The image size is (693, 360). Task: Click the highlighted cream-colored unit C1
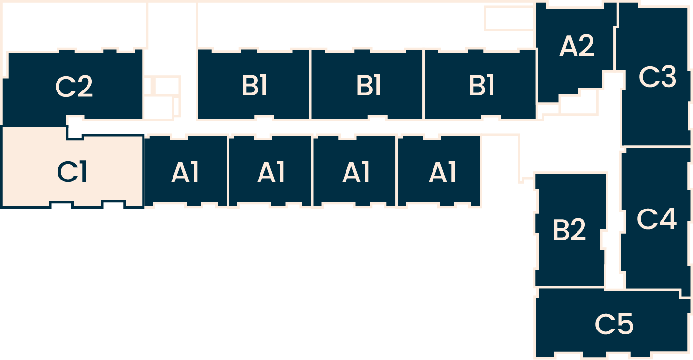[72, 170]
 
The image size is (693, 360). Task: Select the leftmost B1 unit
[254, 86]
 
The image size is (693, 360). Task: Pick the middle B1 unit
[368, 86]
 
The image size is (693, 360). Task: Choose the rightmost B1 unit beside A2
[481, 86]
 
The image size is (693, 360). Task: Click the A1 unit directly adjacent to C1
[185, 173]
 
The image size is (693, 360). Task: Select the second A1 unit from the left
[271, 173]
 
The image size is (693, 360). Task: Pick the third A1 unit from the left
[355, 173]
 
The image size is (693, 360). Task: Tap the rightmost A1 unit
[442, 173]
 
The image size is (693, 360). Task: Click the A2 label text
[577, 47]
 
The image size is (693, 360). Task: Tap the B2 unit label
[569, 230]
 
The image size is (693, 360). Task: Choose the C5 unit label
[614, 324]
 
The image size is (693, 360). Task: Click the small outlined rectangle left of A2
[509, 18]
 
